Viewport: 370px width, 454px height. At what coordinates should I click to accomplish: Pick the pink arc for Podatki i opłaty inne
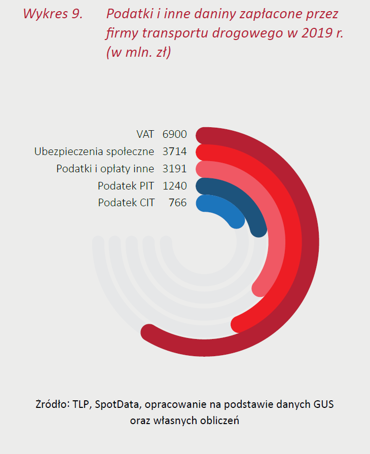click(274, 238)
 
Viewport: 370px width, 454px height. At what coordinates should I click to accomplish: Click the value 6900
click(175, 134)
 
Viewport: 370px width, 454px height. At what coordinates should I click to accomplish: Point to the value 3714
click(175, 152)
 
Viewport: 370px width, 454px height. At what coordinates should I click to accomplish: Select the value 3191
click(175, 169)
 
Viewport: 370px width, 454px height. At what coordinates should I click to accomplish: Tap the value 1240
click(175, 185)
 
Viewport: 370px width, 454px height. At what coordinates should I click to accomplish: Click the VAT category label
click(145, 134)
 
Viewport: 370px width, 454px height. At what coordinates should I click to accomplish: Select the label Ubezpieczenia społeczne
click(94, 152)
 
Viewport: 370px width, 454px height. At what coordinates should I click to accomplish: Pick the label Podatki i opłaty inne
click(105, 169)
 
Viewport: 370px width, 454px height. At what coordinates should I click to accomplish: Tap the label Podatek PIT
click(126, 185)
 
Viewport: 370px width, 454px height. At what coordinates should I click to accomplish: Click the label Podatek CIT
click(126, 203)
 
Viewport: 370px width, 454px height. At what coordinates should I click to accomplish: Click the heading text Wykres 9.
click(53, 14)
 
